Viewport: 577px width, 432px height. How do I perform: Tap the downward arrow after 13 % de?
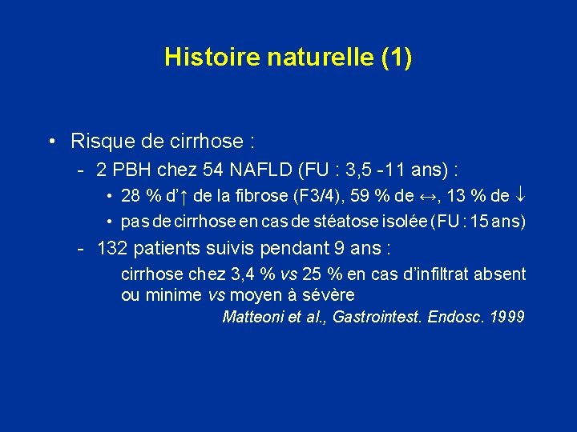[x=518, y=196]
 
